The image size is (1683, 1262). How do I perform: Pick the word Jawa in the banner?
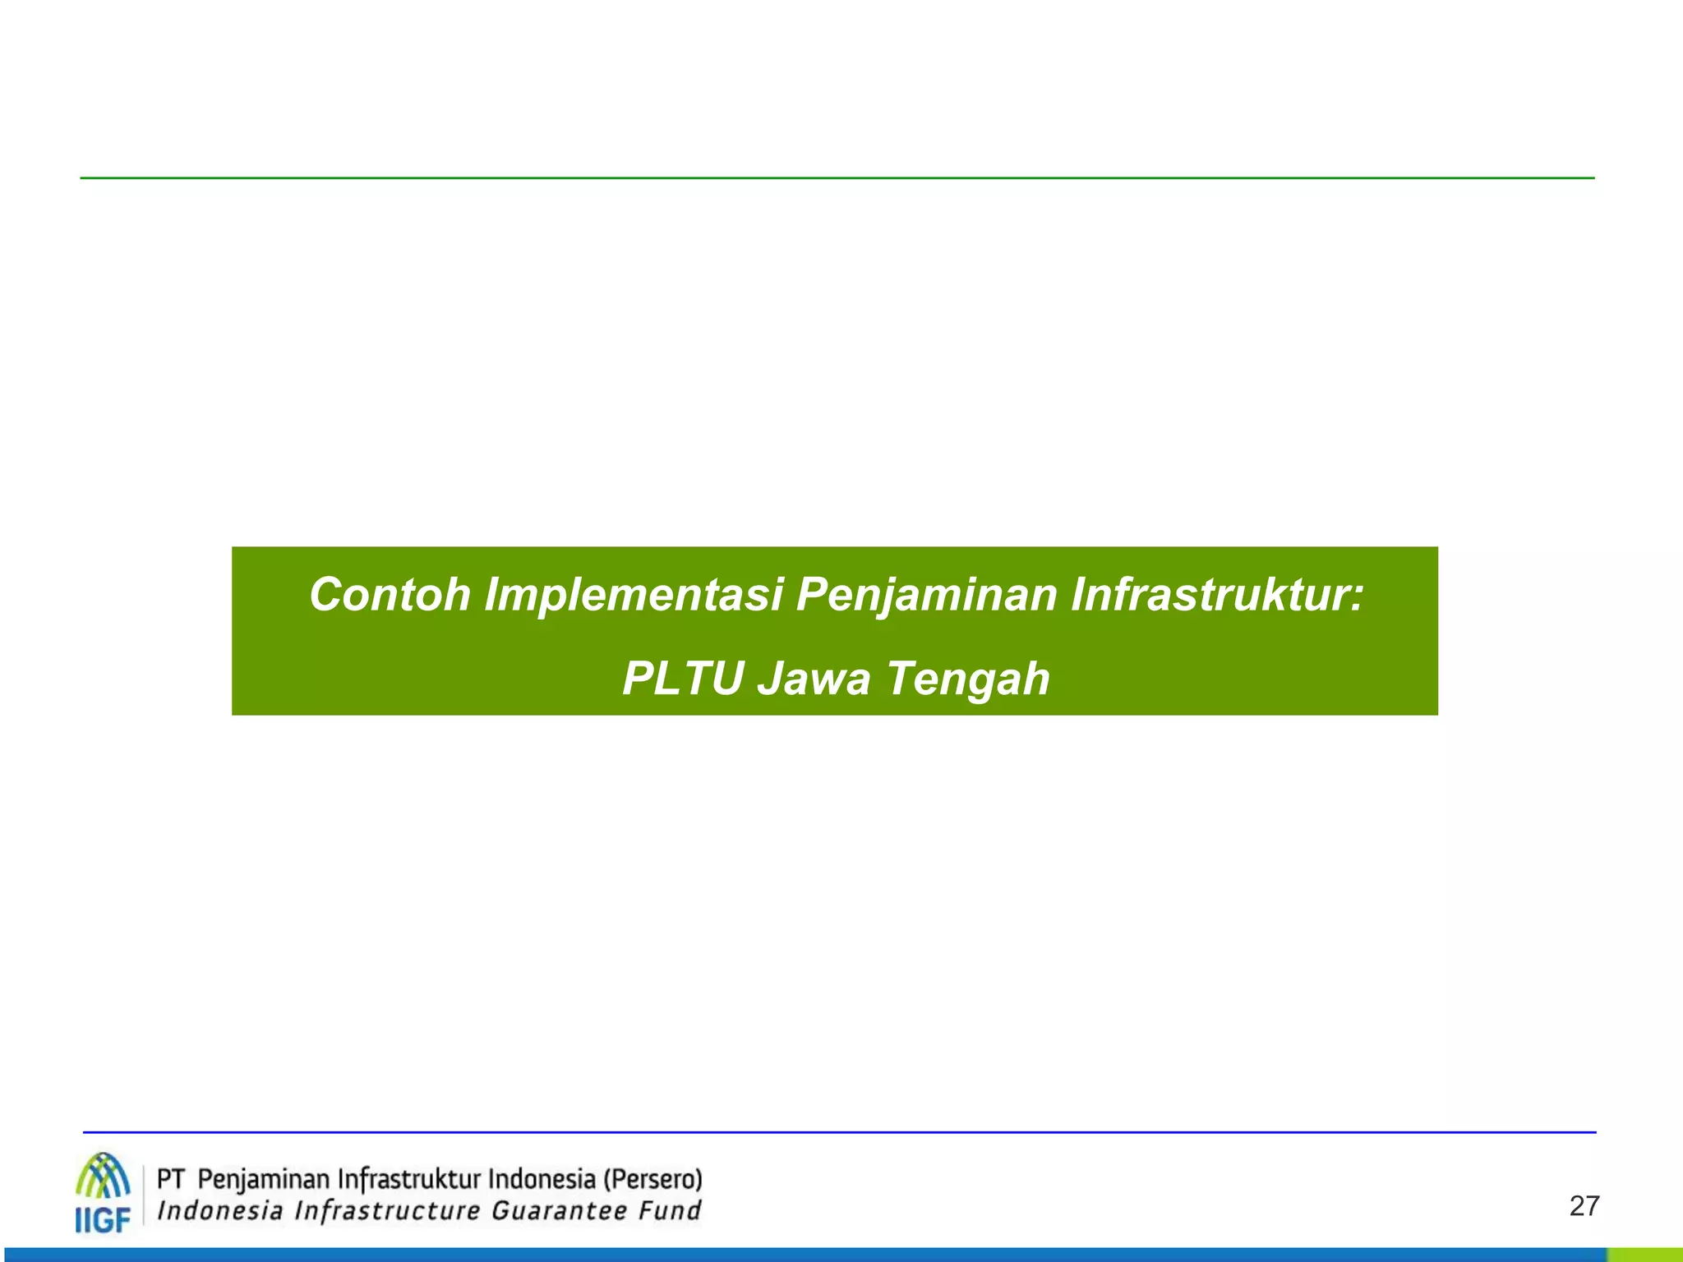813,679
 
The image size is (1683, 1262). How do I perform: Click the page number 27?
1584,1206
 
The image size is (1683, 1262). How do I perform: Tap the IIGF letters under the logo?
103,1219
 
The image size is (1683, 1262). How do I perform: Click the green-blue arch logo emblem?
103,1177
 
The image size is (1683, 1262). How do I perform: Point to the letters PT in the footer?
170,1180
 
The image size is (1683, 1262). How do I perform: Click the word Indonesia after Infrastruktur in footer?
542,1180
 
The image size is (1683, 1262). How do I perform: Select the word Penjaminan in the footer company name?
263,1181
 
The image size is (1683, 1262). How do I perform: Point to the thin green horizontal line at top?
837,177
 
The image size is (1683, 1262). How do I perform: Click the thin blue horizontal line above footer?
838,1132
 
